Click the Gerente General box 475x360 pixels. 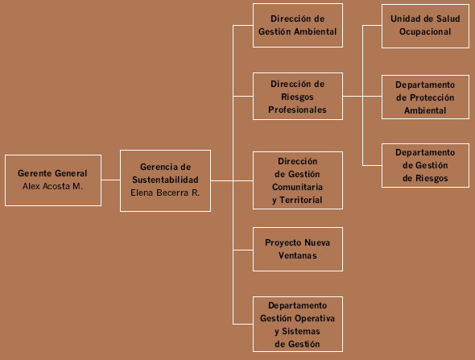pyautogui.click(x=53, y=180)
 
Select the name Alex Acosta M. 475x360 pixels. pyautogui.click(x=52, y=186)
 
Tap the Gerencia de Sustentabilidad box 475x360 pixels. pyautogui.click(x=165, y=180)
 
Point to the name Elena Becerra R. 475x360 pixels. pyautogui.click(x=165, y=192)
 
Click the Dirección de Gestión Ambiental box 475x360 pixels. pyautogui.click(x=298, y=26)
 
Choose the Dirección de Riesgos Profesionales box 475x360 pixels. pyautogui.click(x=298, y=97)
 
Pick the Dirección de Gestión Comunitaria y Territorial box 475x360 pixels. pyautogui.click(x=298, y=180)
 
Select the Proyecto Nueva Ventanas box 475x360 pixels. pyautogui.click(x=298, y=249)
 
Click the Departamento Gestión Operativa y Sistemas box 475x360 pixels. pyautogui.click(x=298, y=325)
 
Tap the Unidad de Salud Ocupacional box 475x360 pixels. pyautogui.click(x=425, y=26)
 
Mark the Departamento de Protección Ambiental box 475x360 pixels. pyautogui.click(x=425, y=97)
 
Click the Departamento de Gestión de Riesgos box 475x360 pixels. pyautogui.click(x=425, y=165)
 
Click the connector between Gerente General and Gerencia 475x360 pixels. pyautogui.click(x=111, y=180)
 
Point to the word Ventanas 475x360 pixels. pyautogui.click(x=298, y=255)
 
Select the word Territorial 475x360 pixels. pyautogui.click(x=301, y=200)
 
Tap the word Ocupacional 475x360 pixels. pyautogui.click(x=425, y=32)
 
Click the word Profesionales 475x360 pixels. pyautogui.click(x=297, y=110)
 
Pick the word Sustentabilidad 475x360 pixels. pyautogui.click(x=165, y=180)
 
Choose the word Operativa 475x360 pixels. pyautogui.click(x=315, y=318)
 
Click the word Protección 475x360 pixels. pyautogui.click(x=432, y=97)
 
